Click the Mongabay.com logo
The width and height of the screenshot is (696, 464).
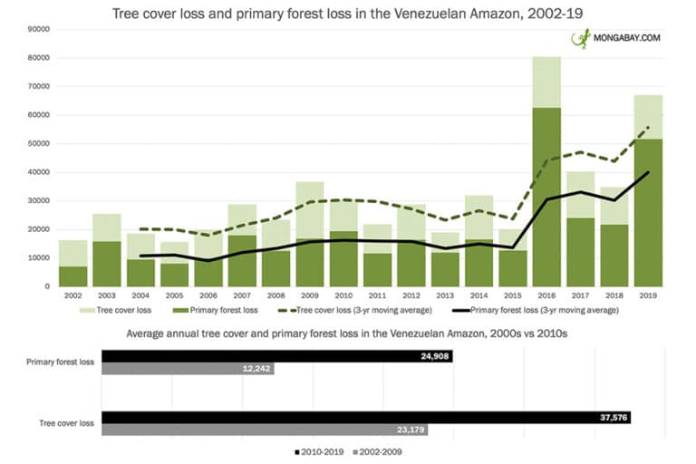615,39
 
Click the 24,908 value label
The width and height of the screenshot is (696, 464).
430,357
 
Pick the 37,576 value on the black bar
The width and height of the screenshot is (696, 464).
608,417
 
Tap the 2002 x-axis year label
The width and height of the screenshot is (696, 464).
74,296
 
